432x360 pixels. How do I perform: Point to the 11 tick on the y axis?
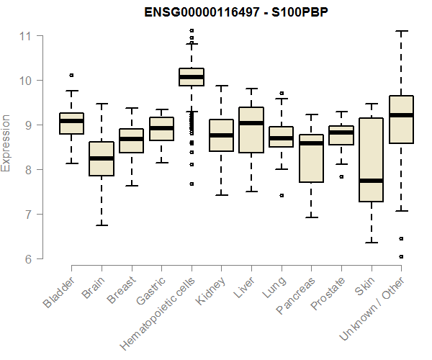pos(28,35)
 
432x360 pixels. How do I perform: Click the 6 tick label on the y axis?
pos(28,259)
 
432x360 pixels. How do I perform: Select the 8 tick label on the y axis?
pos(28,170)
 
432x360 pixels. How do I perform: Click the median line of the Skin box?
pos(371,180)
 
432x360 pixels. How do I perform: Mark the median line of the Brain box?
pos(102,158)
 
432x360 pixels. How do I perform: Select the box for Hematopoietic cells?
pos(192,77)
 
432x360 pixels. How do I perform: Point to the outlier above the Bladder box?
pos(71,75)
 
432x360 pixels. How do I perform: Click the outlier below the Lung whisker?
pos(282,195)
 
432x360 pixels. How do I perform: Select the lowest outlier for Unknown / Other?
pos(401,256)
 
